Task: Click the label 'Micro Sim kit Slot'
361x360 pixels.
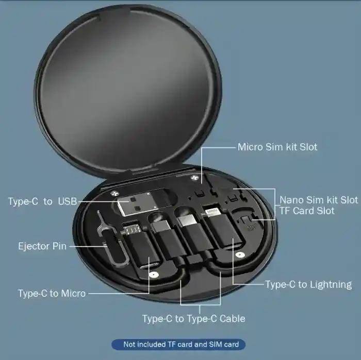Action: (277, 147)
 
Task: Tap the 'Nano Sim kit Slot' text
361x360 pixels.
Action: (318, 200)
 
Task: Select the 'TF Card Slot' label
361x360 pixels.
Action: (307, 211)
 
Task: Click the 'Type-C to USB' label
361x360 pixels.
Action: (42, 201)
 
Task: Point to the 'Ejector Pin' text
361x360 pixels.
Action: (42, 246)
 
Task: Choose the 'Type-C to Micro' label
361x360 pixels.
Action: (52, 294)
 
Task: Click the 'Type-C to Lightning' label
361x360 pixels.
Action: (308, 284)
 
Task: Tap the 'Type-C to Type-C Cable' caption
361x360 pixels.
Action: (193, 318)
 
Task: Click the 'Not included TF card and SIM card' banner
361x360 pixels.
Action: (178, 344)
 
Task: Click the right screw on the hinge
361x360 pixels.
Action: (196, 178)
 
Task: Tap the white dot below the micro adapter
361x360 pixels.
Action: (152, 276)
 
